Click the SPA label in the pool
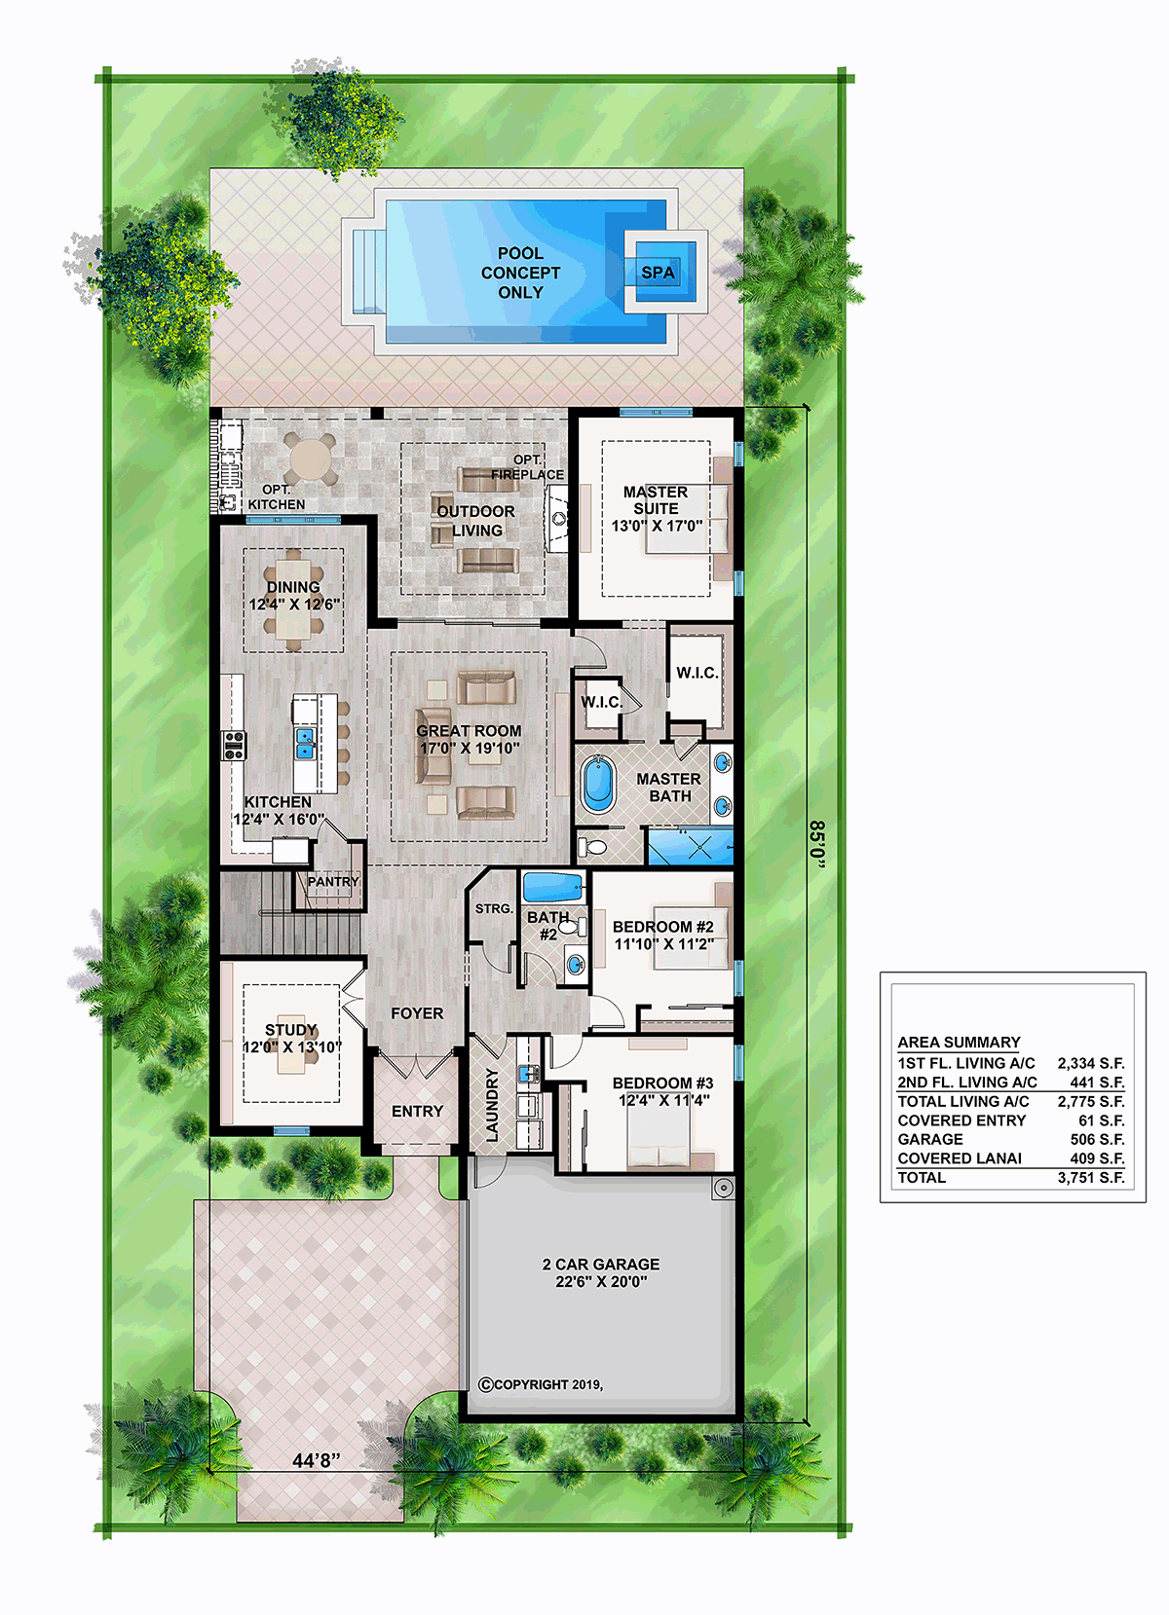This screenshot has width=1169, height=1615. (x=658, y=273)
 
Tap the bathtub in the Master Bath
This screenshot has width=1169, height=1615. (x=597, y=784)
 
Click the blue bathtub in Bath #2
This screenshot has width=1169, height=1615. (x=553, y=887)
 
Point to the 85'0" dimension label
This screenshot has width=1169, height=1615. (x=817, y=844)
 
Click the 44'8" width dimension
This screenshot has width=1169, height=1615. (x=316, y=1460)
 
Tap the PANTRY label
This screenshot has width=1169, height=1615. (x=332, y=882)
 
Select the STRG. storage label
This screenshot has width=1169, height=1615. (x=494, y=909)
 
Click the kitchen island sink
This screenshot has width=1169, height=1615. (x=306, y=744)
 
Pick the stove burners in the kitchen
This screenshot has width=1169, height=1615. (x=234, y=746)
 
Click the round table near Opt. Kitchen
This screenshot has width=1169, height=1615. (x=311, y=458)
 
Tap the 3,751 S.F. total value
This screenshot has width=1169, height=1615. (x=1091, y=1177)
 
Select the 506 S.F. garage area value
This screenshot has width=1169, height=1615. (x=1098, y=1139)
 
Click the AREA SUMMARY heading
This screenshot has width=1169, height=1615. (x=959, y=1042)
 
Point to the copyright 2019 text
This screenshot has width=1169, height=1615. (x=541, y=1384)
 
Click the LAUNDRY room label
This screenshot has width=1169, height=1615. (x=492, y=1105)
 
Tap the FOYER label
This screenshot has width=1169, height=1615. (x=417, y=1013)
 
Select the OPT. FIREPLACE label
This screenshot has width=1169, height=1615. (x=527, y=467)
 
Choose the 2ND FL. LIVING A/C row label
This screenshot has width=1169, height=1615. (x=967, y=1083)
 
